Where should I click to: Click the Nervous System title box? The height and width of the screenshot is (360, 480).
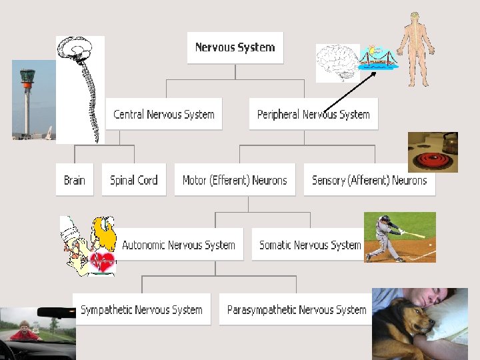click(x=235, y=47)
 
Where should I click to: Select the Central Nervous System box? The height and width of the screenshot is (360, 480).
click(x=164, y=114)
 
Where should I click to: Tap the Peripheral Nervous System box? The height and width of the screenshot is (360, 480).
click(x=313, y=114)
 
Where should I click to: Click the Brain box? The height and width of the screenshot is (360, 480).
click(x=75, y=180)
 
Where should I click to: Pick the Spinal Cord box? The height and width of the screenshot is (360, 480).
click(x=133, y=180)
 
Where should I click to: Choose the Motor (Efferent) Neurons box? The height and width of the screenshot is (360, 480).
click(x=235, y=180)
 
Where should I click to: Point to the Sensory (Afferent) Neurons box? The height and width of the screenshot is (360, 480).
click(x=369, y=180)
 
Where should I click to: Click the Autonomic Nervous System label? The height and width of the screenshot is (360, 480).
click(x=179, y=245)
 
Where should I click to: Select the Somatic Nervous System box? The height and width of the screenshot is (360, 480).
click(x=310, y=245)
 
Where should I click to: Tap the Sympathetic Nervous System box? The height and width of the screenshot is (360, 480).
click(x=141, y=310)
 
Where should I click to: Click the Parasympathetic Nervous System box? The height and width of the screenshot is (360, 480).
click(x=296, y=310)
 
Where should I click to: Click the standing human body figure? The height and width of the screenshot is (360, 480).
click(x=415, y=48)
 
